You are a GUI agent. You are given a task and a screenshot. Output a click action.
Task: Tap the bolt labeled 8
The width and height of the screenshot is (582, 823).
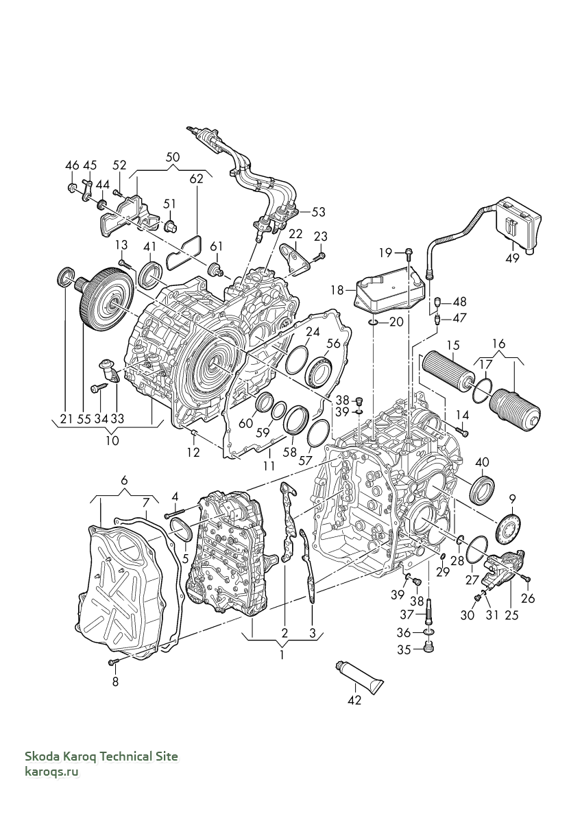113,661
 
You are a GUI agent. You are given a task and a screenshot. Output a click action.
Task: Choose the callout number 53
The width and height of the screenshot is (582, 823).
318,212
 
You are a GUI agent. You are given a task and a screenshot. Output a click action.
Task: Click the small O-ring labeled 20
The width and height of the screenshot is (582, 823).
373,322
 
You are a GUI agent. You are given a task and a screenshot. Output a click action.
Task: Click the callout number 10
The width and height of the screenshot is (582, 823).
112,440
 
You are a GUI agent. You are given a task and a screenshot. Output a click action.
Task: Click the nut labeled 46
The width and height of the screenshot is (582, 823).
73,189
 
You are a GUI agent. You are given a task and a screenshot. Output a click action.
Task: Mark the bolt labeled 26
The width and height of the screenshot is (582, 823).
528,580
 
